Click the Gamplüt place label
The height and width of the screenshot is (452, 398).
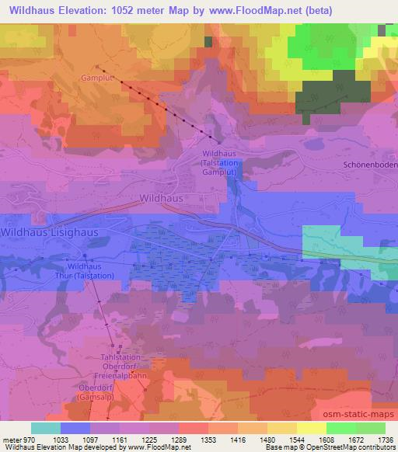coord(96,78)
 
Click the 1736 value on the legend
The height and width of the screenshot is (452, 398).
coord(384,440)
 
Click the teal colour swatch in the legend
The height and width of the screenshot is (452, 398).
coord(46,428)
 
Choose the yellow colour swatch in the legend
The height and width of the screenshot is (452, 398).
coord(311,428)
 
